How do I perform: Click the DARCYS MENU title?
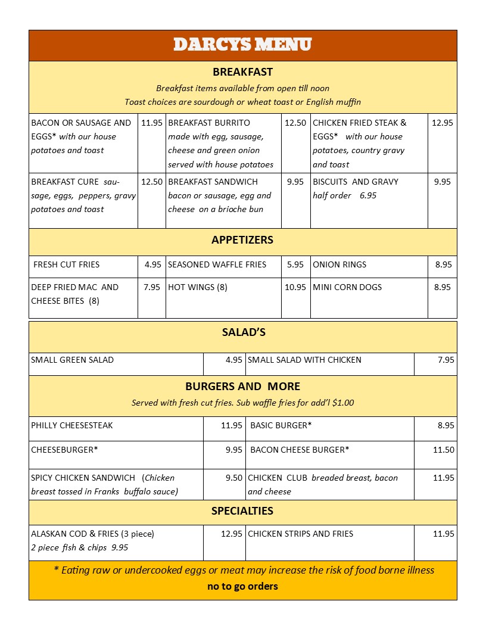click(x=242, y=45)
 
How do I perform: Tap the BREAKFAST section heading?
click(x=242, y=72)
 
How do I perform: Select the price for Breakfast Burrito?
click(x=295, y=123)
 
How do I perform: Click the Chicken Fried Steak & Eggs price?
click(x=443, y=123)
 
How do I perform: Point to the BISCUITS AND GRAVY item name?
click(x=356, y=182)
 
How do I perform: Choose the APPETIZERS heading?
click(x=242, y=240)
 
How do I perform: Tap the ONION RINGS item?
click(x=339, y=264)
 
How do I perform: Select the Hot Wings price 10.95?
click(x=295, y=287)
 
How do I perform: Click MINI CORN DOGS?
click(x=347, y=287)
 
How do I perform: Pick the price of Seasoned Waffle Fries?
click(x=295, y=264)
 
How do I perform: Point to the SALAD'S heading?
click(x=243, y=332)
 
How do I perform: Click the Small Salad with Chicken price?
click(x=445, y=360)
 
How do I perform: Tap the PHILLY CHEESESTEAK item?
click(x=72, y=425)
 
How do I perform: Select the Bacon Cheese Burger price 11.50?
click(x=443, y=450)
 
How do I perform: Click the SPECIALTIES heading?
click(x=242, y=510)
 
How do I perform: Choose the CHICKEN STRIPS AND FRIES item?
click(x=300, y=534)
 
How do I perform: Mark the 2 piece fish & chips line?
click(x=79, y=547)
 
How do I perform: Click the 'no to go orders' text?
click(x=242, y=586)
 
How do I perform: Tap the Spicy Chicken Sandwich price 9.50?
click(x=234, y=478)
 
